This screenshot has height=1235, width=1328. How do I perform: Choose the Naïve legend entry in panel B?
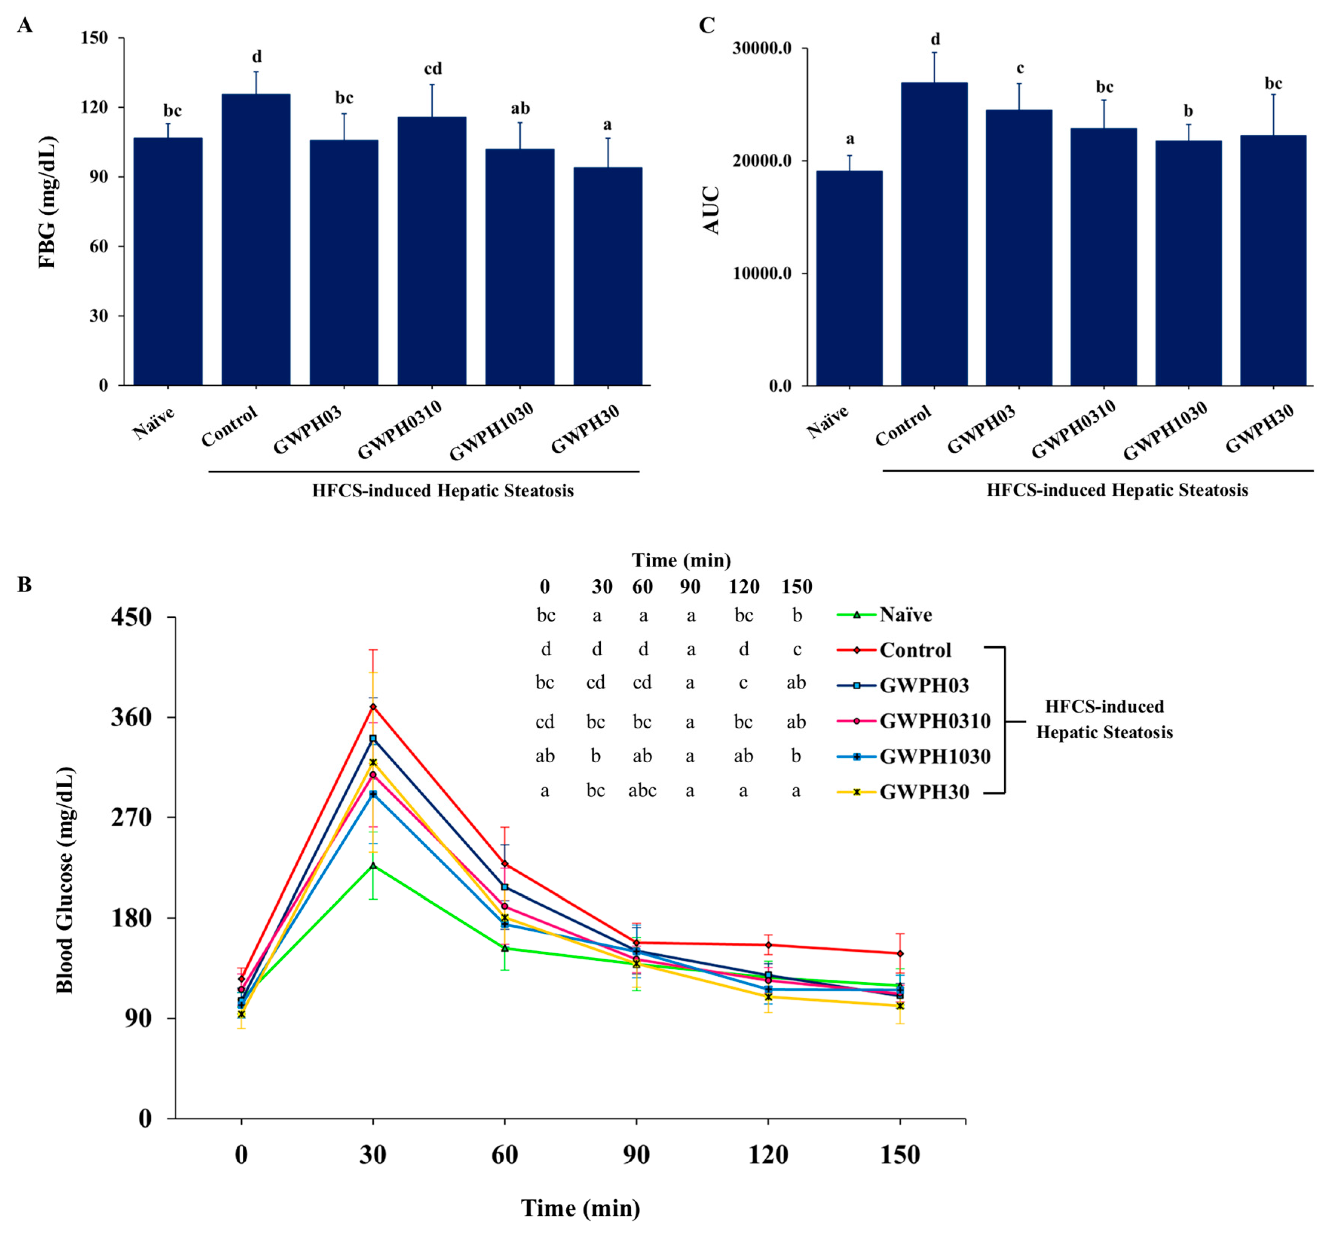(905, 615)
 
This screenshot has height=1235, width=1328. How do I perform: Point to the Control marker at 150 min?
(900, 953)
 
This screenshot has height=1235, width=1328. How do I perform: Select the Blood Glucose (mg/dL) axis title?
(65, 880)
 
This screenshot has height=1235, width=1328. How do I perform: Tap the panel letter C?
(706, 25)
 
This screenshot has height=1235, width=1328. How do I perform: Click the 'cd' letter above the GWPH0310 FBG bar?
(433, 69)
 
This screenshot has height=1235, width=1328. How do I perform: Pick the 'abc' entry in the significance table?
(642, 791)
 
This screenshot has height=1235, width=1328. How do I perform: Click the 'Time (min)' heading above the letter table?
(681, 560)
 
